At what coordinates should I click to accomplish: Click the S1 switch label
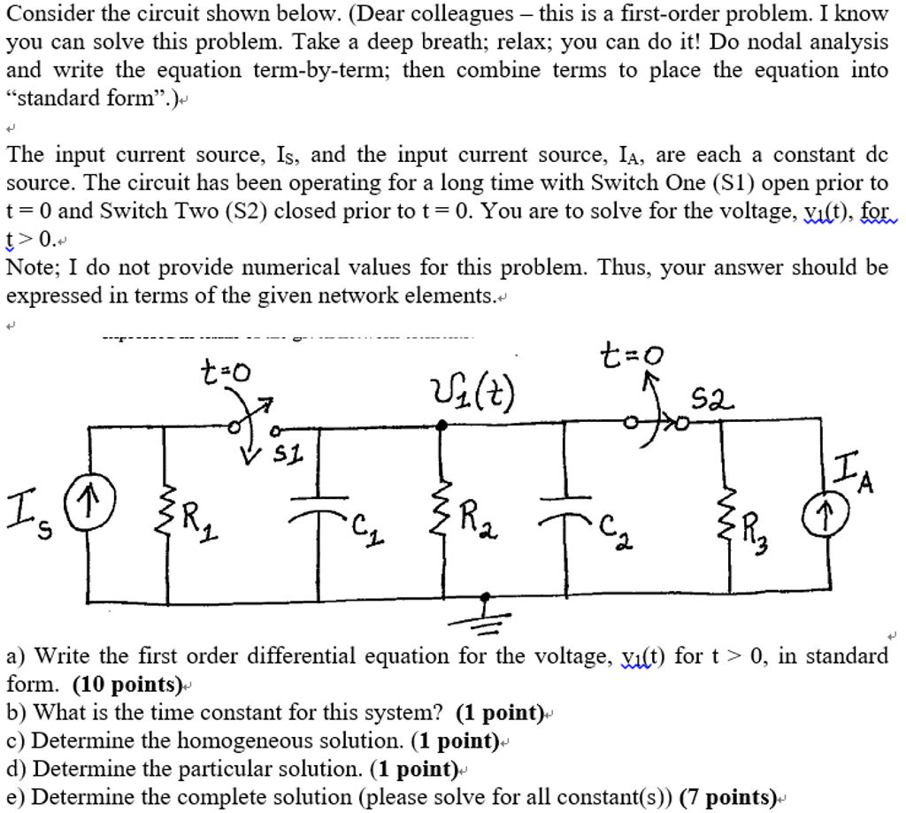(x=285, y=456)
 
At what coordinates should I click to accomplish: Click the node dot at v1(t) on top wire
(x=442, y=426)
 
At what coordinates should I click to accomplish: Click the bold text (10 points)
(x=127, y=684)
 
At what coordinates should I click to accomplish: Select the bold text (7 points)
(x=727, y=797)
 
